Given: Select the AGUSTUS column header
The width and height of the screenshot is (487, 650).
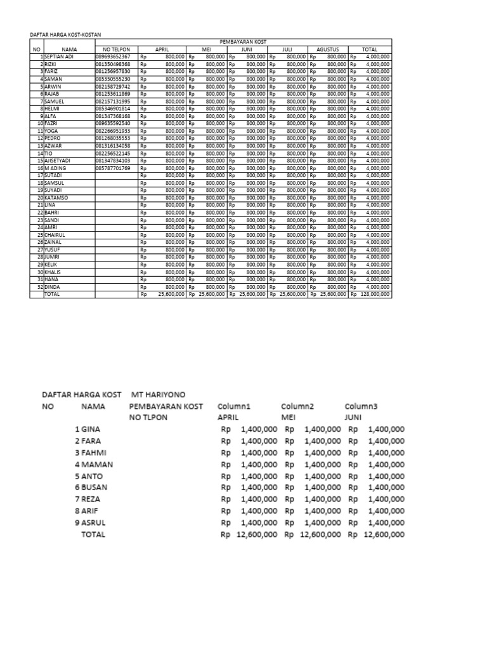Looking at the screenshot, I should (x=328, y=49).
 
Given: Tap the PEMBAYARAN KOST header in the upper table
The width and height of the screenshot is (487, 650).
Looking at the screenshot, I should (x=243, y=41).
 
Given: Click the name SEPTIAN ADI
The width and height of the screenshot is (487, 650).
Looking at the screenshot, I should (x=60, y=56).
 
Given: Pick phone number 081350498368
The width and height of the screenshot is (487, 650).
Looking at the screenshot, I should (x=113, y=64).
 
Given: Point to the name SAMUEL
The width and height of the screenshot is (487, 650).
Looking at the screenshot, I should (x=56, y=101).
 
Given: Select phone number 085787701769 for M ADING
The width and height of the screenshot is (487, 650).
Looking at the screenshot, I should (x=113, y=168).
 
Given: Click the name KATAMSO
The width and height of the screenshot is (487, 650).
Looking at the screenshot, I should (x=57, y=197).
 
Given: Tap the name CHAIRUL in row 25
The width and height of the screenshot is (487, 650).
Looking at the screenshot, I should (x=56, y=234).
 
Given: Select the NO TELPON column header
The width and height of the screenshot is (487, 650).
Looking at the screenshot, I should (x=111, y=49).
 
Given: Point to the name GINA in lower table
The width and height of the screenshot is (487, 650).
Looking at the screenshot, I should (x=93, y=428).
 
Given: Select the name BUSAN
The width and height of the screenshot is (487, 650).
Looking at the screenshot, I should (x=96, y=486).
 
